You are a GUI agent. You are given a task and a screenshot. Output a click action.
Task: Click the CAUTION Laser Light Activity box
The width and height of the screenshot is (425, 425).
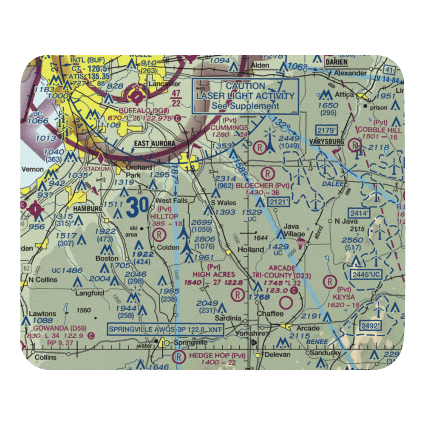[x=245, y=96]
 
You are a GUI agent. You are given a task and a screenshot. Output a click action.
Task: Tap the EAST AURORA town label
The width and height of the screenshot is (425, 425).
[x=154, y=144]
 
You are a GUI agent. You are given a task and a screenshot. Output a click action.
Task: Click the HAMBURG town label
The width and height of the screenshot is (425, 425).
[x=88, y=209]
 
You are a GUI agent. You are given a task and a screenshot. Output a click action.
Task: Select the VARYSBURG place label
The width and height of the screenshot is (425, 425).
[x=326, y=142]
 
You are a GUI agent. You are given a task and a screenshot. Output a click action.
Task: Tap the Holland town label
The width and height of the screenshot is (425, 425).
[x=251, y=249]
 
